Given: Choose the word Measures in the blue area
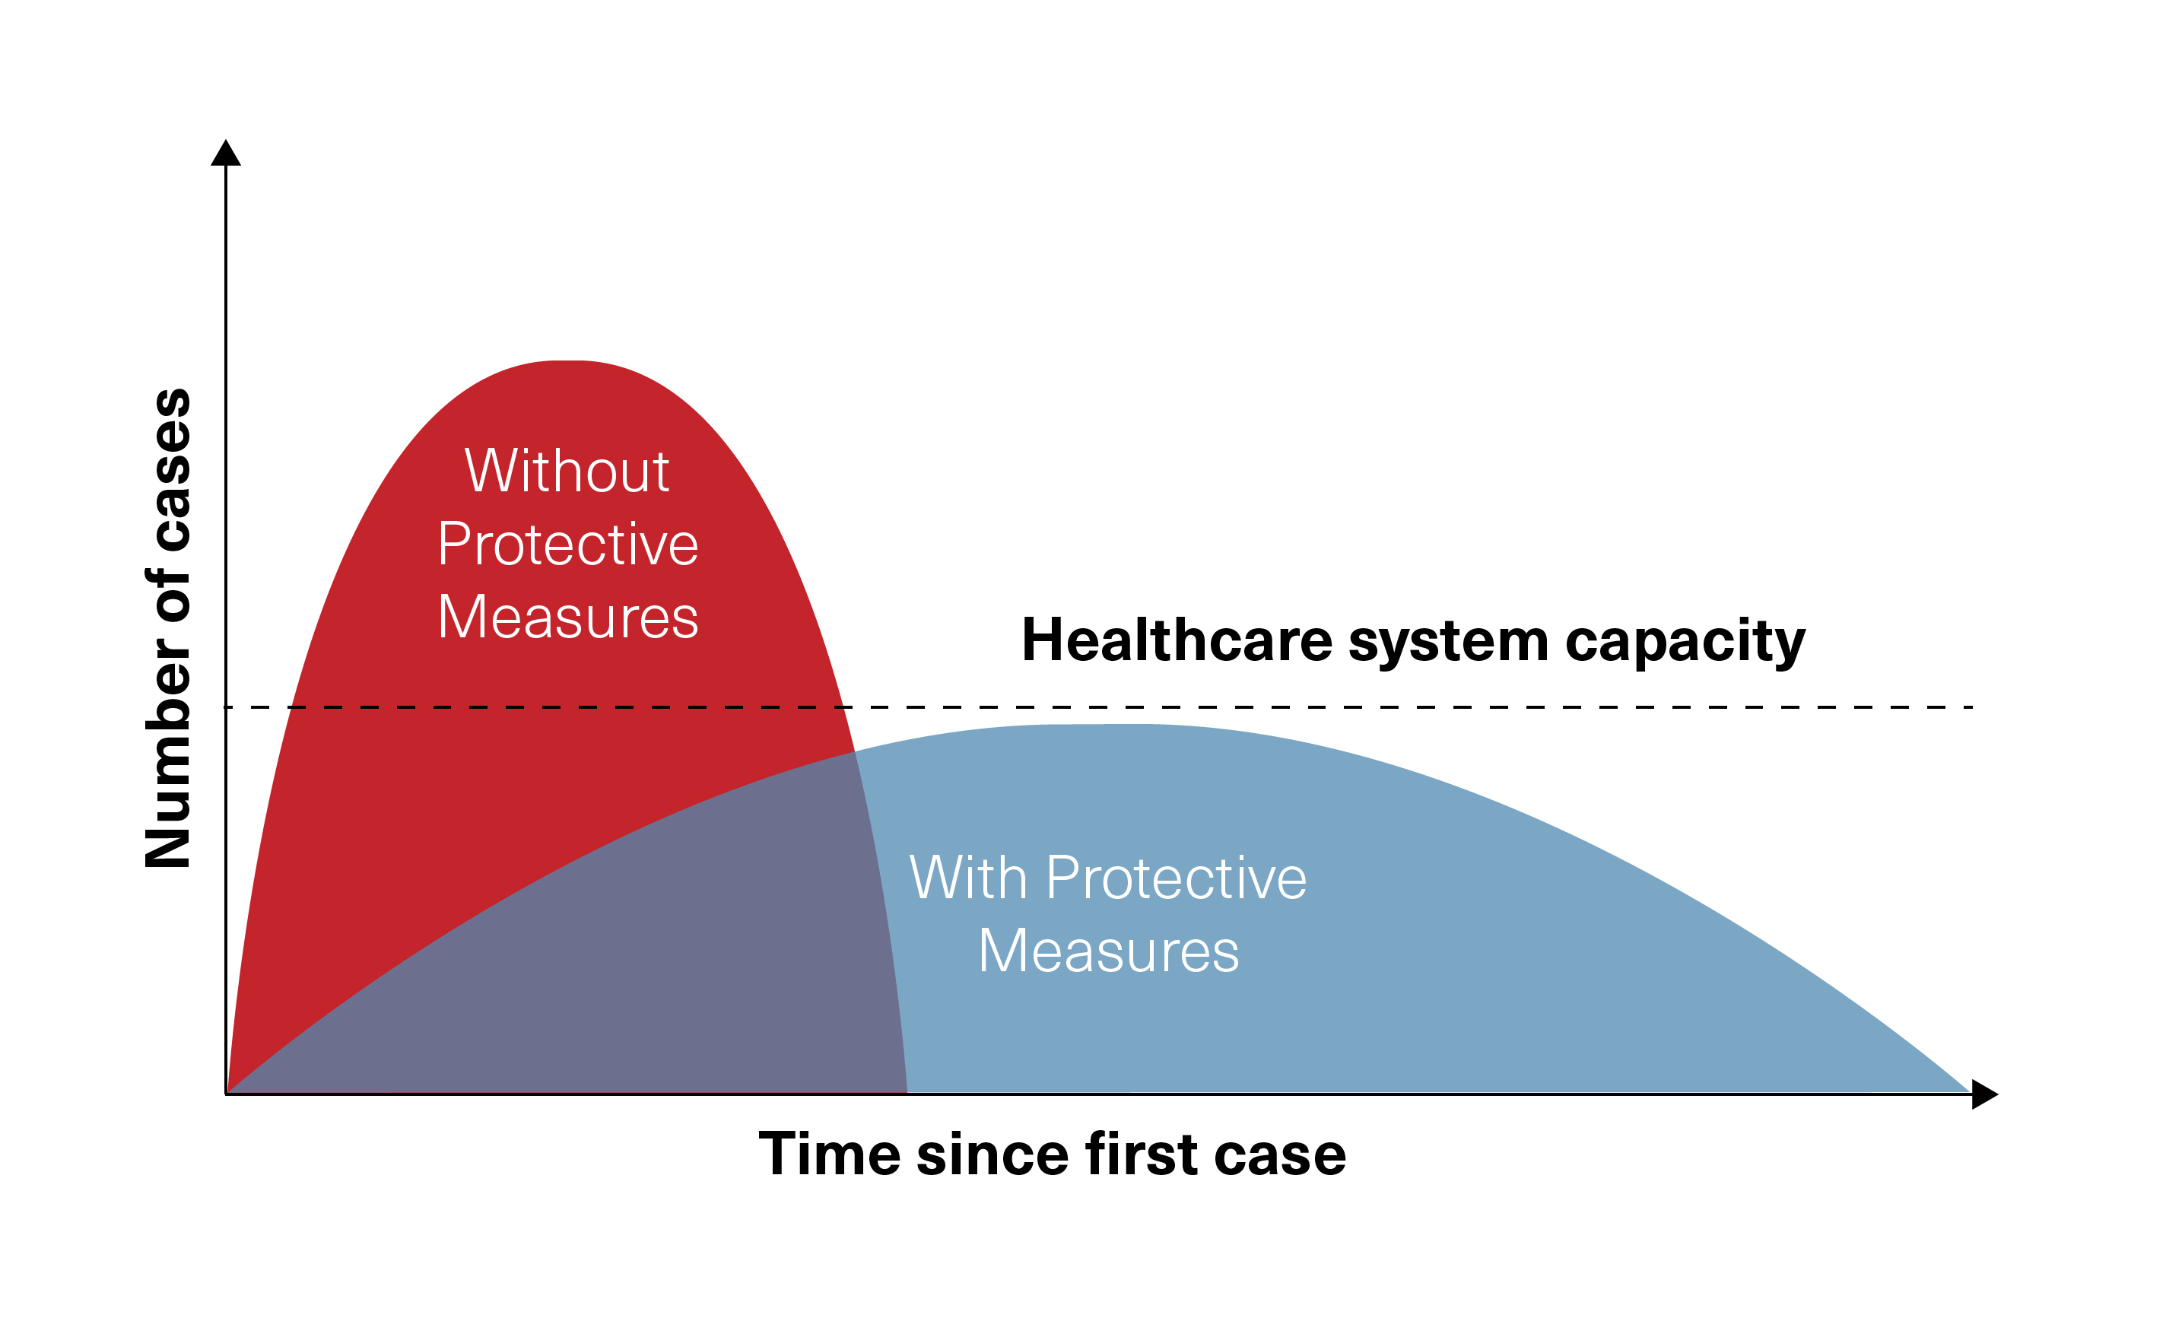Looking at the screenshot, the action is pyautogui.click(x=1109, y=951).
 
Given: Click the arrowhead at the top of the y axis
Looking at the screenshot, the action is pyautogui.click(x=225, y=152).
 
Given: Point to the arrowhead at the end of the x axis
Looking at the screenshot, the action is pyautogui.click(x=1985, y=1094).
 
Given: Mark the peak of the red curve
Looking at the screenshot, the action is pyautogui.click(x=567, y=360).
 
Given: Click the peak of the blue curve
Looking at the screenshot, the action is pyautogui.click(x=1096, y=724).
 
